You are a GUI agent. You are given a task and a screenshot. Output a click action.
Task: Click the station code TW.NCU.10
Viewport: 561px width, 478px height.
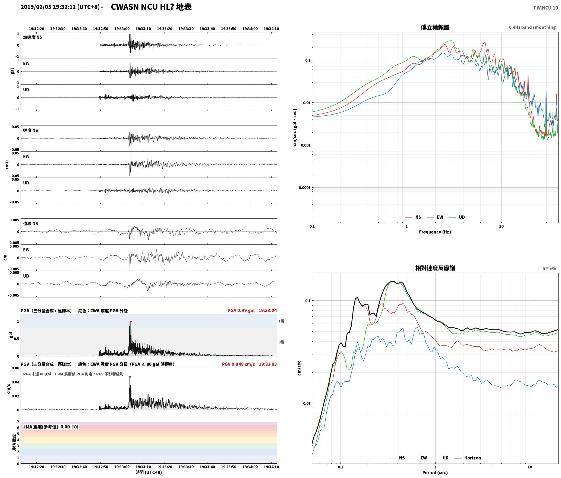(546, 8)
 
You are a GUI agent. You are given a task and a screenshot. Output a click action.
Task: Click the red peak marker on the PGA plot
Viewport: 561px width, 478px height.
(131, 322)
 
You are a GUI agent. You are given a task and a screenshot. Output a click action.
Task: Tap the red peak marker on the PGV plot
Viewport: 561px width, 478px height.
(130, 377)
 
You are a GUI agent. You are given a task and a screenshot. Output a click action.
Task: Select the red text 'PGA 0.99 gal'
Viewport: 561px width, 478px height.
(241, 310)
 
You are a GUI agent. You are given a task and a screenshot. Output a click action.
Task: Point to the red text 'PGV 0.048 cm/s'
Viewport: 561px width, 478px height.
(238, 364)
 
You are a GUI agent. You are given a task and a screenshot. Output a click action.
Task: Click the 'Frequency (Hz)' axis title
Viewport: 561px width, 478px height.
(435, 232)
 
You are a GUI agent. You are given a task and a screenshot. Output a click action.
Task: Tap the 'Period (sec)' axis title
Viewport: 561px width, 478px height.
(435, 473)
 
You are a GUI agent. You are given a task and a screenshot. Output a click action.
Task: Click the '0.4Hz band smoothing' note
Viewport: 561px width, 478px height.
(532, 27)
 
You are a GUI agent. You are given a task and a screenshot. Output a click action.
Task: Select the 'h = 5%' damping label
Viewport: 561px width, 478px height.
(549, 268)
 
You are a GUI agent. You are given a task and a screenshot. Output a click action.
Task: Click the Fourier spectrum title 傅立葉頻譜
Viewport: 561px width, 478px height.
(435, 27)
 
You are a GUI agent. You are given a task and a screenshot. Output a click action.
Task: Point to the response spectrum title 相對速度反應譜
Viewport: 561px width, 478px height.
(435, 268)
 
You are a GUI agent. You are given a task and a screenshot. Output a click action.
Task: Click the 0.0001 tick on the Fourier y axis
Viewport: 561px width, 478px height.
(304, 188)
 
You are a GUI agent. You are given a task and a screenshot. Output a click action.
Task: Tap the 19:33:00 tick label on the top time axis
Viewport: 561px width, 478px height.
(122, 29)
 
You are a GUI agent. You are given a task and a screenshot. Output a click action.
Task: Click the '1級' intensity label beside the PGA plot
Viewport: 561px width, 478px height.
(281, 321)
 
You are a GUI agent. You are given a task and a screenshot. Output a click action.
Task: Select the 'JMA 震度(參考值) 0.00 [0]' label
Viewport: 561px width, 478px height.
(51, 427)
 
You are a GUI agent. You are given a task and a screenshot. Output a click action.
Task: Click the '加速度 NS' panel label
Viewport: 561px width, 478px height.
(33, 37)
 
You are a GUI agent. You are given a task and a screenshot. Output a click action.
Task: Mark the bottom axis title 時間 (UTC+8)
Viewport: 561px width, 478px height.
(149, 472)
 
